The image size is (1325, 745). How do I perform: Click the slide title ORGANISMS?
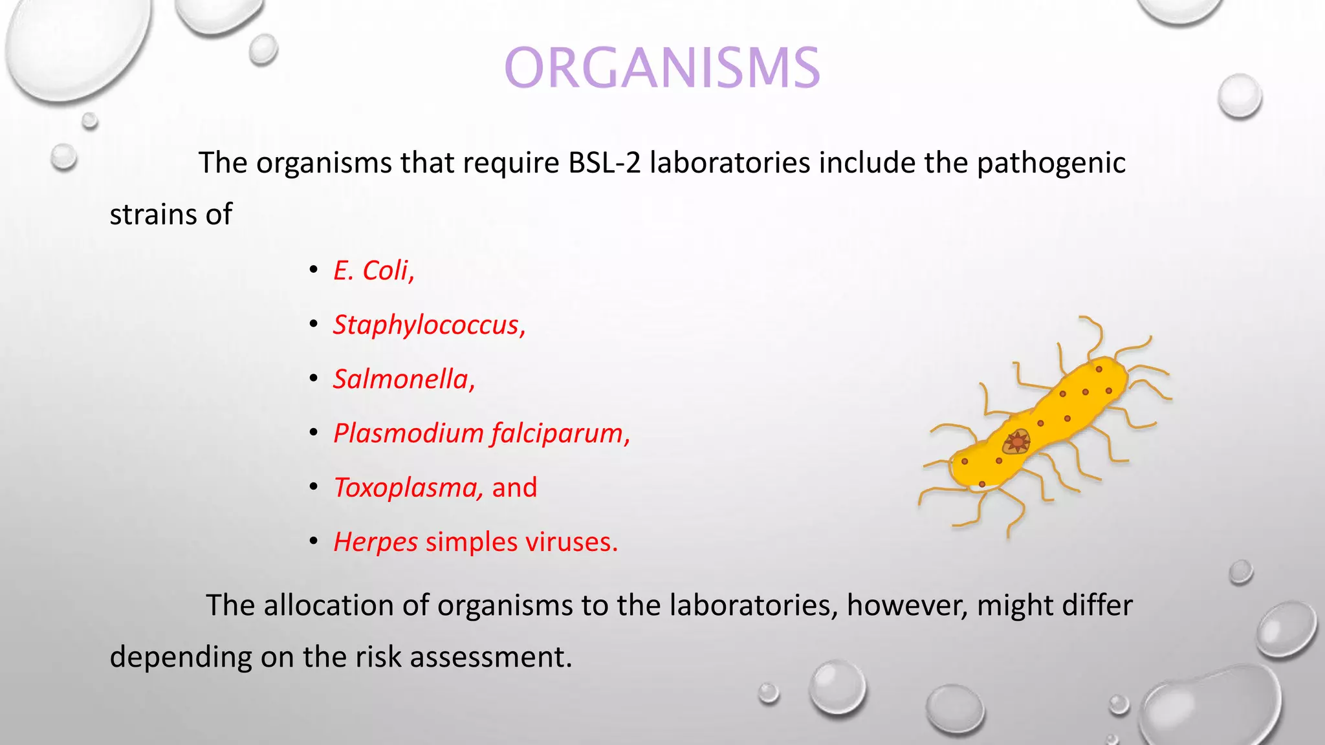coord(662,68)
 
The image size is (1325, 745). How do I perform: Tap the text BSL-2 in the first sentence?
coord(604,163)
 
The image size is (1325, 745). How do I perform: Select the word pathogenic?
coord(1051,163)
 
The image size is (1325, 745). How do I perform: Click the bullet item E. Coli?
coord(373,270)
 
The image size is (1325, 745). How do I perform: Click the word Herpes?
coord(376,542)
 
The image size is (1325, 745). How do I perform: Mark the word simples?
coord(471,542)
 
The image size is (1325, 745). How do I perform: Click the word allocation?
coord(328,605)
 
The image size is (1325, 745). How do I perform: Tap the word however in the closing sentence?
coord(907,605)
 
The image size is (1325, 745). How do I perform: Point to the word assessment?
coord(491,657)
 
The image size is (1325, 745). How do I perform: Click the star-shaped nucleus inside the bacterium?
coord(1017,442)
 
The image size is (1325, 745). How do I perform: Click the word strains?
coord(153,215)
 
